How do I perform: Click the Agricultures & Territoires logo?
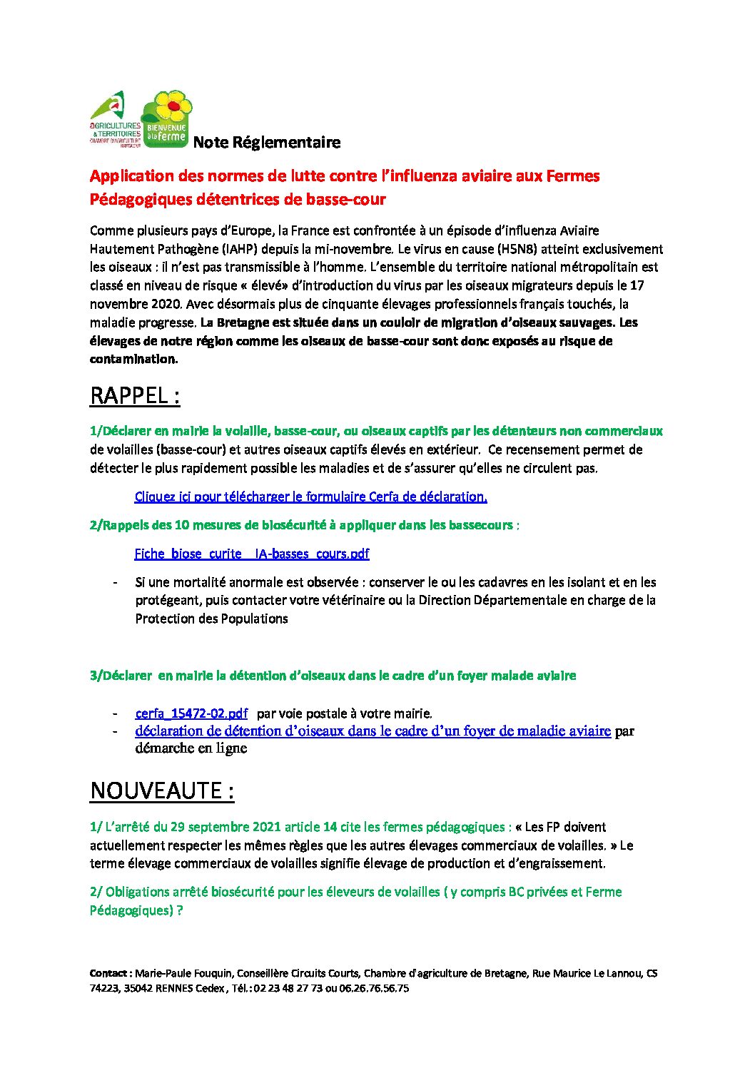[x=114, y=118]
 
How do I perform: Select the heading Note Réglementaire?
[x=266, y=143]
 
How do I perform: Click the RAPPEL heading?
[x=134, y=396]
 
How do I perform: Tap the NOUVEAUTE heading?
[x=162, y=791]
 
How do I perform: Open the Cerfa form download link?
[x=310, y=497]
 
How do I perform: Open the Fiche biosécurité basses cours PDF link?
[x=252, y=554]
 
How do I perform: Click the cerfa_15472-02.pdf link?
[x=191, y=713]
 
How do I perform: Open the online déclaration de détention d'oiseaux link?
[x=373, y=731]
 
